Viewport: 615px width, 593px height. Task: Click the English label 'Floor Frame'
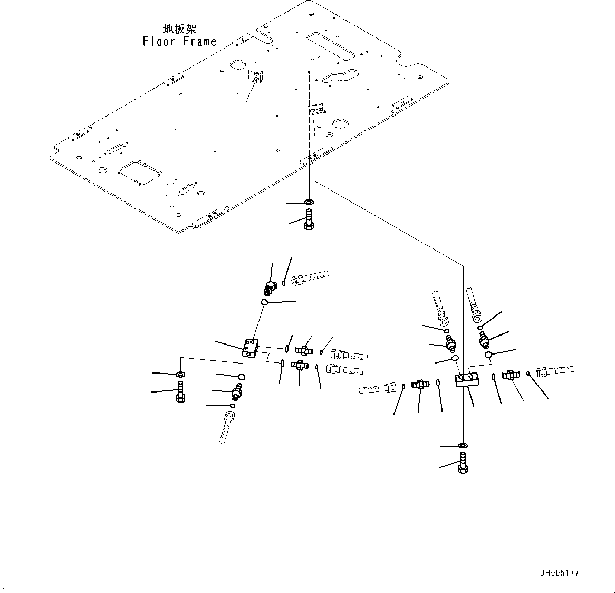[x=179, y=41]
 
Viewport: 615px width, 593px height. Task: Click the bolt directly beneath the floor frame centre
[x=309, y=219]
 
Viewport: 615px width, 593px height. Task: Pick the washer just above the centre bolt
[x=309, y=202]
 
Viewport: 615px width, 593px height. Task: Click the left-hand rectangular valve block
[x=249, y=349]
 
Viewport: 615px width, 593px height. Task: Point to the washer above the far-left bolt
[x=180, y=374]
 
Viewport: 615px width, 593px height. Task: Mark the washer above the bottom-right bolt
[x=463, y=446]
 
